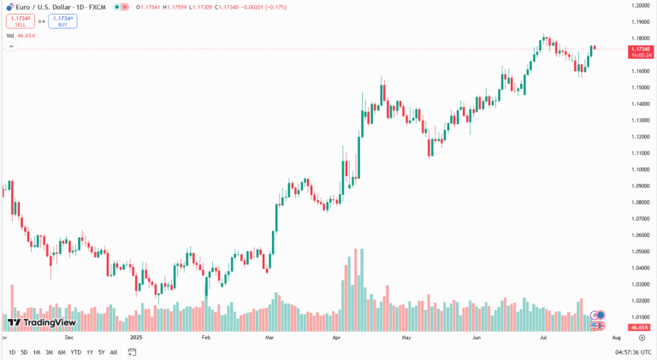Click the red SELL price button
pos(18,21)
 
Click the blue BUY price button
pos(62,21)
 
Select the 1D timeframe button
pos(12,351)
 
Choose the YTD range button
pos(75,351)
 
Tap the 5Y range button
pos(101,351)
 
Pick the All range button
pos(114,351)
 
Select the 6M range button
pos(62,351)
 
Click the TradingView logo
pos(41,322)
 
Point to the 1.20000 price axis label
pos(640,6)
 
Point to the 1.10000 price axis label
pos(640,169)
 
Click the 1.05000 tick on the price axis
pos(640,251)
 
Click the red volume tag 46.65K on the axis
pos(640,328)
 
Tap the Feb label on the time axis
pos(206,338)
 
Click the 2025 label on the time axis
pos(135,338)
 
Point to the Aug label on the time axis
pos(615,338)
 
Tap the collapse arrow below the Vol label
pos(11,46)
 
